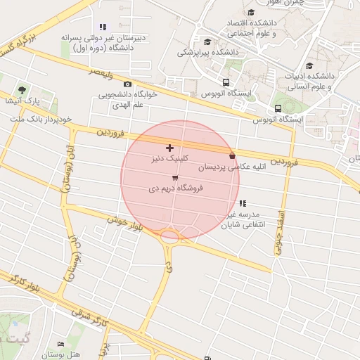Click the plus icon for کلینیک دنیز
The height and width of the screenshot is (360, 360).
tap(169, 148)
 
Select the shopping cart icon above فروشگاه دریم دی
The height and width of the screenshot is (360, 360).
tap(174, 178)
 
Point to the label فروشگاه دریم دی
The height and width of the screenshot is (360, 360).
tap(174, 189)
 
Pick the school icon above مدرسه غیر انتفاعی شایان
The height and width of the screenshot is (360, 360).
tap(243, 203)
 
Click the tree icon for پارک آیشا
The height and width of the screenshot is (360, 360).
tap(22, 90)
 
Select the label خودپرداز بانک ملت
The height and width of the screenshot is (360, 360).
tap(41, 120)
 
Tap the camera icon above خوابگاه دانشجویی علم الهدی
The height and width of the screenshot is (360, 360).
tap(127, 84)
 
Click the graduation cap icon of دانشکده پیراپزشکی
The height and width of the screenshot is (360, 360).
tap(207, 41)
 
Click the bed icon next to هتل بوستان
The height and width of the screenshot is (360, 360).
tap(60, 343)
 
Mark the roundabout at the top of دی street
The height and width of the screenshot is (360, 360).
tap(169, 236)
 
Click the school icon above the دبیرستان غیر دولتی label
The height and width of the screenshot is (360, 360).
tap(103, 27)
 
